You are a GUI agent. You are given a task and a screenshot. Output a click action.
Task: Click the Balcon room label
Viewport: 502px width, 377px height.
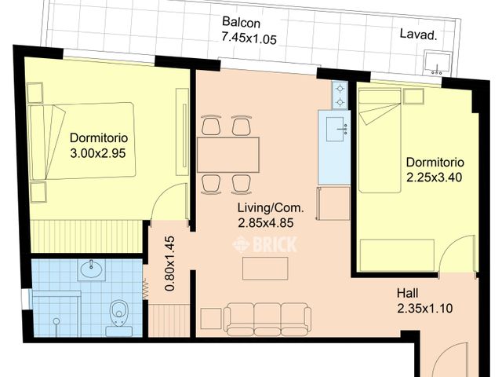(241, 23)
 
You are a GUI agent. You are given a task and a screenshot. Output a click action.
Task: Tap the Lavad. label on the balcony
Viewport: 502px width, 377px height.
(418, 34)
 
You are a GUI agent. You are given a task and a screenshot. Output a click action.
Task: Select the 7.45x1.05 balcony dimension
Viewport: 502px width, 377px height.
(249, 38)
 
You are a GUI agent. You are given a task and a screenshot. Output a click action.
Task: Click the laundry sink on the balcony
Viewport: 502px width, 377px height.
(437, 63)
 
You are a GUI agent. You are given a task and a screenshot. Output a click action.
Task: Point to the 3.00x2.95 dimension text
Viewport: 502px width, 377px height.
(97, 153)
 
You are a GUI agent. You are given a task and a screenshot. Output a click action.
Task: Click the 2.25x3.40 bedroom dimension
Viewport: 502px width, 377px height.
(434, 178)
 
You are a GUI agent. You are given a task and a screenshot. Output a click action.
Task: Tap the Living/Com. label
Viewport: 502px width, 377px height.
(271, 207)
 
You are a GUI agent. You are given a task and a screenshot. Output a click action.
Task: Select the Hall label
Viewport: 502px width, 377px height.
(408, 293)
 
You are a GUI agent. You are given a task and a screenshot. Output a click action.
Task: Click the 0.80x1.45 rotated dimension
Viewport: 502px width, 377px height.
(169, 264)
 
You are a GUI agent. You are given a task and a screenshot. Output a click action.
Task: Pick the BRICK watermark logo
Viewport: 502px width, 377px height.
(265, 244)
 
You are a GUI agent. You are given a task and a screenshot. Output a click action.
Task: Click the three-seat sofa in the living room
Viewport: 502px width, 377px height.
(267, 317)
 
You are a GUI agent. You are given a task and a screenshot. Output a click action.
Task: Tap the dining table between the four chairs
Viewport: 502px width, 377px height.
(228, 155)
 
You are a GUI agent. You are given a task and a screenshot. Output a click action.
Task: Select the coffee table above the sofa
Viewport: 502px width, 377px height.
(265, 269)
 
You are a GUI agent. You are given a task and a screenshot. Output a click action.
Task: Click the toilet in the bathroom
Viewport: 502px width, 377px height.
(119, 317)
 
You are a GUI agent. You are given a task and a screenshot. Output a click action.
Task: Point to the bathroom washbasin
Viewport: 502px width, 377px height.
(92, 269)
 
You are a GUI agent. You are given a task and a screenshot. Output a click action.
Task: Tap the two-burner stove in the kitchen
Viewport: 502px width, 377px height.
(340, 95)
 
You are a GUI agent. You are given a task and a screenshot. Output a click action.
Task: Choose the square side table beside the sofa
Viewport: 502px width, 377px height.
(211, 319)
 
